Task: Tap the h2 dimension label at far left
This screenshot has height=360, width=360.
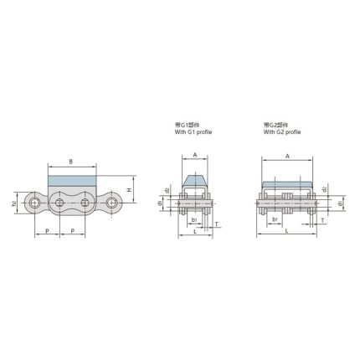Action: pos(14,203)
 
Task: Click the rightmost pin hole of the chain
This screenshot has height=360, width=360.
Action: pos(111,203)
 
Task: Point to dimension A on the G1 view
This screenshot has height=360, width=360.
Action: pos(194,156)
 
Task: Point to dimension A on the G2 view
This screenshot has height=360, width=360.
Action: pos(287,156)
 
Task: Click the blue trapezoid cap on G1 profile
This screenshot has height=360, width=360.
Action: pos(194,179)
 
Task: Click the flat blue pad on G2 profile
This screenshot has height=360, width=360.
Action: pos(287,183)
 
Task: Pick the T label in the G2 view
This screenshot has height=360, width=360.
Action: pos(323,224)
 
